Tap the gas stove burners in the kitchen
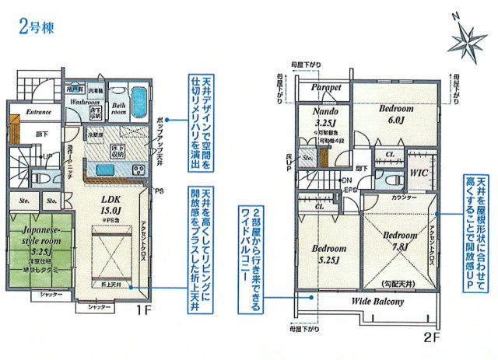tap(130, 169)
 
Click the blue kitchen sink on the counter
tap(100, 169)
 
